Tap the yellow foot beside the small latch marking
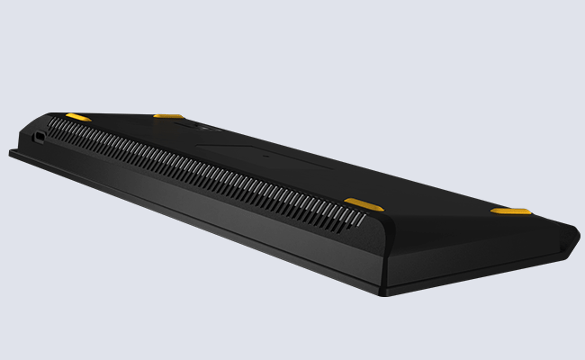click(x=168, y=116)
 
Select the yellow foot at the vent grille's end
click(x=364, y=203)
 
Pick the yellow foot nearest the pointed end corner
click(x=510, y=211)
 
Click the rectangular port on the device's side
click(x=40, y=138)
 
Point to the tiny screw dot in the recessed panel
click(x=265, y=155)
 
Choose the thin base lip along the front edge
click(x=180, y=220)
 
